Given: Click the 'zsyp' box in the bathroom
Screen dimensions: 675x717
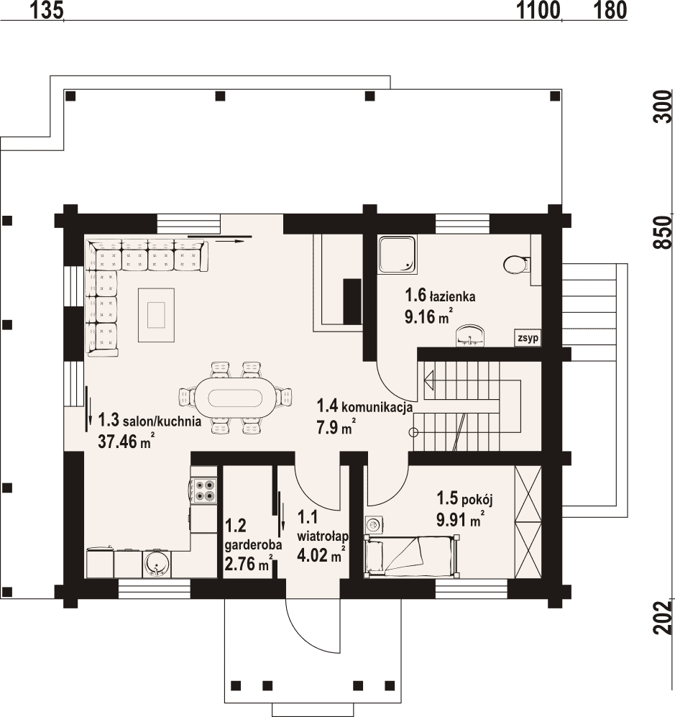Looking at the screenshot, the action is (x=528, y=338).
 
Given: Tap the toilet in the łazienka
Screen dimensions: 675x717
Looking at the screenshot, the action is (x=516, y=265).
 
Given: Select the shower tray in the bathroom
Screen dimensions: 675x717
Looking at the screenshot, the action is (x=397, y=255).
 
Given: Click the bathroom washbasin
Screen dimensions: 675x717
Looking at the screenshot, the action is (x=471, y=335).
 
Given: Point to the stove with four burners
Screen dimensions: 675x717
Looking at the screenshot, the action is (x=204, y=490).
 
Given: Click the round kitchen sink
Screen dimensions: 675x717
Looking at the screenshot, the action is (x=156, y=565).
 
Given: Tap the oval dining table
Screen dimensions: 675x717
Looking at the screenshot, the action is (x=235, y=398).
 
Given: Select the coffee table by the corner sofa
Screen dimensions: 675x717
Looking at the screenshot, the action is (x=156, y=314).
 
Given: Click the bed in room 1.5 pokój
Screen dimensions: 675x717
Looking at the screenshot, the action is (x=410, y=556).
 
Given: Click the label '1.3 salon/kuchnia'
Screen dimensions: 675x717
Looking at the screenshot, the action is (x=150, y=420).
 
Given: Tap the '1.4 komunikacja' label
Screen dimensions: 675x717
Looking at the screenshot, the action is (x=364, y=406).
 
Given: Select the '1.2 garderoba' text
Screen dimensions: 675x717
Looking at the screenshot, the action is (x=253, y=535).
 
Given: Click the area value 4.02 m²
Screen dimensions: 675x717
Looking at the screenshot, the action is (x=321, y=555).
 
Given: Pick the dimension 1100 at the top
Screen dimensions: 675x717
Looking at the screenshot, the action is (x=538, y=10).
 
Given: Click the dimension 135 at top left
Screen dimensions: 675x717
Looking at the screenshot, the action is (x=46, y=10).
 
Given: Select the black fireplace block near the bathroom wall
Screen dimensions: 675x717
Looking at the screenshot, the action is (x=352, y=302).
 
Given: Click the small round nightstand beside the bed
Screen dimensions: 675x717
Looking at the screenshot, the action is (x=374, y=525).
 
